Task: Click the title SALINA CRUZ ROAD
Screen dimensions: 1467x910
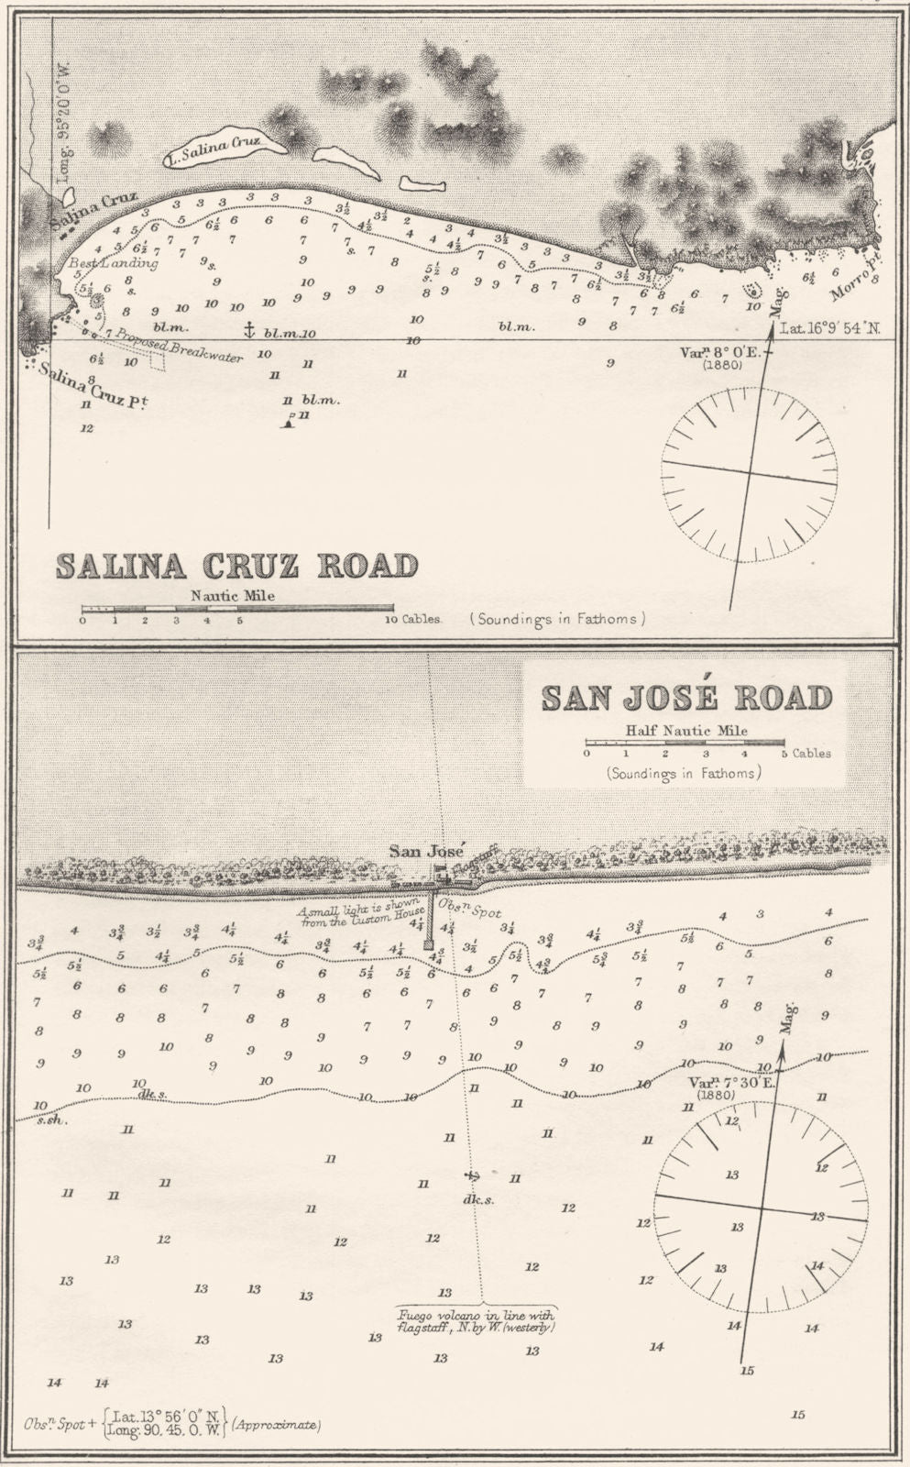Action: (x=236, y=566)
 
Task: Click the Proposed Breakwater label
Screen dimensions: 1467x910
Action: (x=180, y=347)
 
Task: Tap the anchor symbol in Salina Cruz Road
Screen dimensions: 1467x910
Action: (x=247, y=328)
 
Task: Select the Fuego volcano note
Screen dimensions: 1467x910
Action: (x=475, y=1318)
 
